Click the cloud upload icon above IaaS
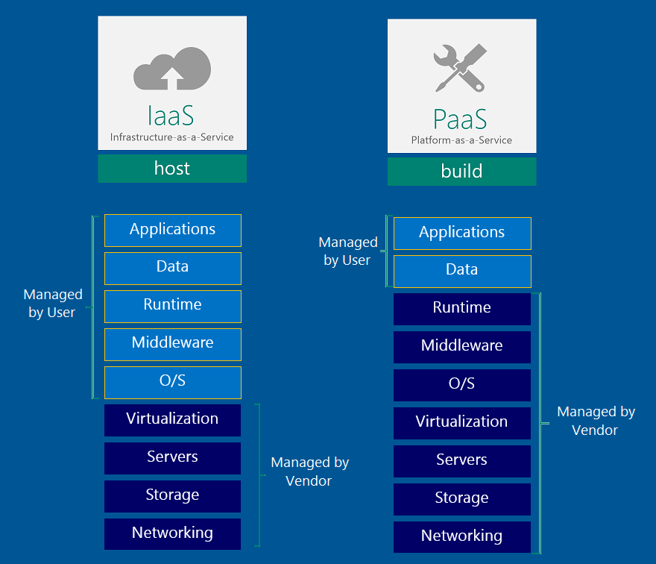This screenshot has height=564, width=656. (x=171, y=69)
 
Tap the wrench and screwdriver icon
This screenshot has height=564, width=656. (x=460, y=68)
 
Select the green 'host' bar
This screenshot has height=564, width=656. (x=172, y=169)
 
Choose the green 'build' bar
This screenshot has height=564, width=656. (x=461, y=172)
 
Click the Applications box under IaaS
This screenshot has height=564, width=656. (x=173, y=230)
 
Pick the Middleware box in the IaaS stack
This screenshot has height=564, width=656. (x=173, y=344)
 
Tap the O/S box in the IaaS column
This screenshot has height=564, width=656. (x=173, y=382)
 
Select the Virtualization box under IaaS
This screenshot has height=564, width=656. (x=172, y=420)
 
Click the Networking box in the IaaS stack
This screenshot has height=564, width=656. (x=172, y=534)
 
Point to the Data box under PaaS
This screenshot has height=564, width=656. (x=462, y=271)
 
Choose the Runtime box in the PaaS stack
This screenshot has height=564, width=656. (x=462, y=309)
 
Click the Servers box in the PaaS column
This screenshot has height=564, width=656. (x=462, y=461)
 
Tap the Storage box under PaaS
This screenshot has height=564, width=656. (x=462, y=499)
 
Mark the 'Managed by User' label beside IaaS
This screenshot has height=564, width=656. (x=52, y=304)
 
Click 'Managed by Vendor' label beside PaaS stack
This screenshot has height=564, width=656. (x=596, y=421)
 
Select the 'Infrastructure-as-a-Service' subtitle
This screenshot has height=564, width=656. (x=172, y=137)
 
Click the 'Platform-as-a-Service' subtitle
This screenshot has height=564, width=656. (x=461, y=140)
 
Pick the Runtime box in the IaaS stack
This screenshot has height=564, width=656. (x=173, y=306)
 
